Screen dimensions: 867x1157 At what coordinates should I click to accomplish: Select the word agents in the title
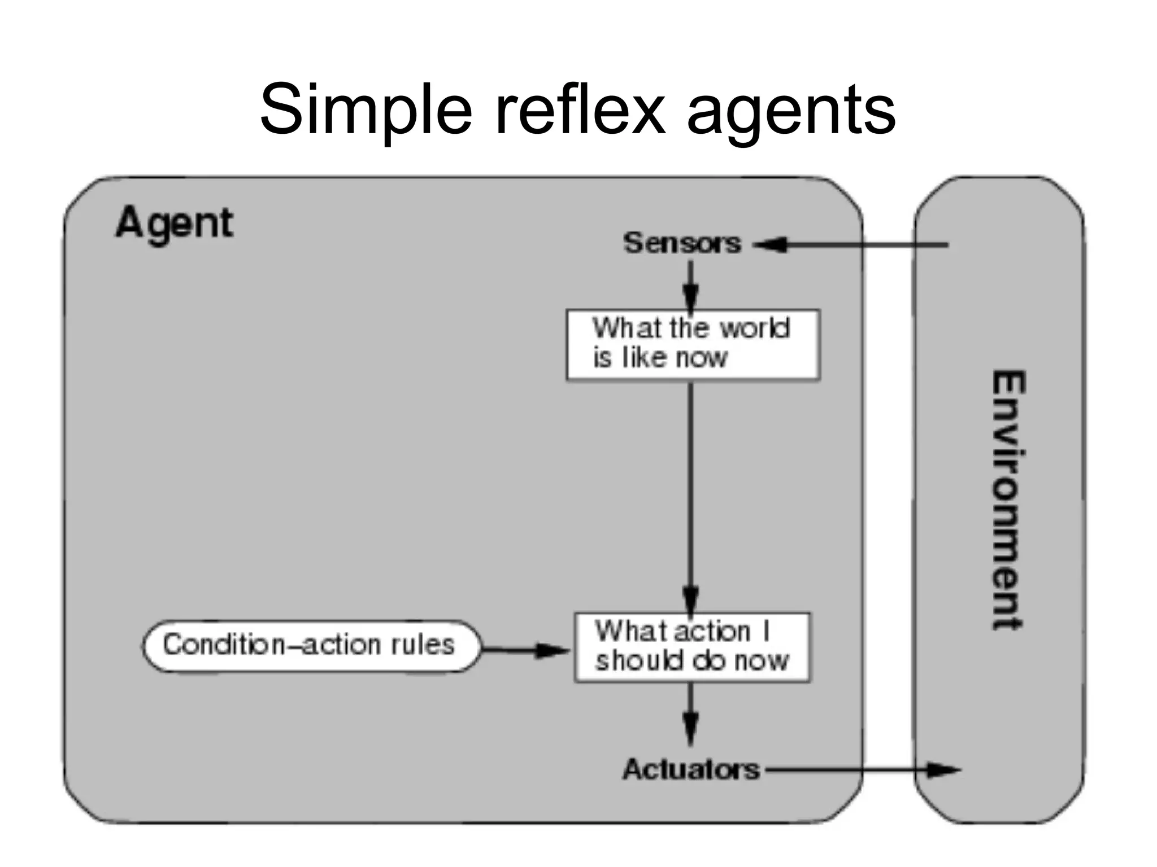pos(791,113)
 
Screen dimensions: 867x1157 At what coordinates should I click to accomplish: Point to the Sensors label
pos(682,243)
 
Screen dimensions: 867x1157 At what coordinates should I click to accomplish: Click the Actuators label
pos(691,769)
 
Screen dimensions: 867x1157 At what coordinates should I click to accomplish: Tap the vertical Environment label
pos(1008,500)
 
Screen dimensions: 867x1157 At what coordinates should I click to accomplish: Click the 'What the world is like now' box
pos(693,344)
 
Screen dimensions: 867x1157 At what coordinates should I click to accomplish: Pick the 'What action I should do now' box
pos(692,647)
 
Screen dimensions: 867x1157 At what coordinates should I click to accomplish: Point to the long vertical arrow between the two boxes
pos(690,491)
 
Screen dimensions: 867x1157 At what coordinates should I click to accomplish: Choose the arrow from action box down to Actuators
pos(690,714)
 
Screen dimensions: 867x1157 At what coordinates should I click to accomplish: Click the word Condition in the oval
pos(224,645)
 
